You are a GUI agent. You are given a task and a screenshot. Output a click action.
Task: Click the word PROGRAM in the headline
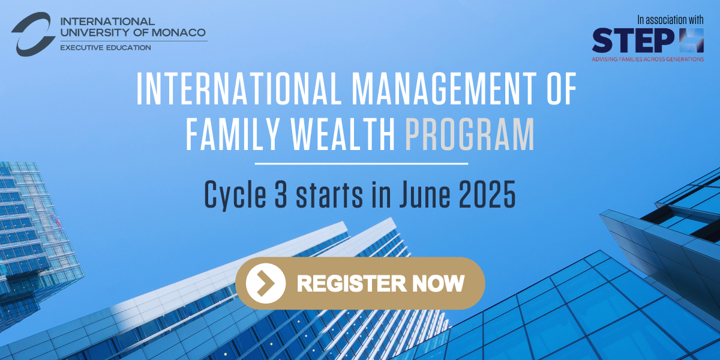pyautogui.click(x=470, y=134)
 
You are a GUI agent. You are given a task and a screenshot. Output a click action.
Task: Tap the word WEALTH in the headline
pyautogui.click(x=343, y=134)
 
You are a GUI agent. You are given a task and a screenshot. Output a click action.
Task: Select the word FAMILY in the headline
pyautogui.click(x=232, y=134)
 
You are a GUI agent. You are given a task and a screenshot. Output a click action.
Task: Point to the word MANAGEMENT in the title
pyautogui.click(x=444, y=88)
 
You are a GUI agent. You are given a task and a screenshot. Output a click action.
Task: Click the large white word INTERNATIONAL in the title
pyautogui.click(x=239, y=88)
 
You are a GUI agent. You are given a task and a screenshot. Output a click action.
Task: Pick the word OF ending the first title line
pyautogui.click(x=562, y=88)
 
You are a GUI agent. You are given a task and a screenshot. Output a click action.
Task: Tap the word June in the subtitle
pyautogui.click(x=425, y=194)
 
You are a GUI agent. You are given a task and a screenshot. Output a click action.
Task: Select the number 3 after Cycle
pyautogui.click(x=281, y=194)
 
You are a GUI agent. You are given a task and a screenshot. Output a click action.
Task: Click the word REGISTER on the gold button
pyautogui.click(x=352, y=283)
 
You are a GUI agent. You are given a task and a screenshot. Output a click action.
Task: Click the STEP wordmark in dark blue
pyautogui.click(x=633, y=41)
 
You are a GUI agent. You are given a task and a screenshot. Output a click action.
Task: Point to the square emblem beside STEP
pyautogui.click(x=691, y=41)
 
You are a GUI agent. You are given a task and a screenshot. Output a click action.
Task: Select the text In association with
pyautogui.click(x=671, y=20)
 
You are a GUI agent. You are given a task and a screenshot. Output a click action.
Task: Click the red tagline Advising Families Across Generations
pyautogui.click(x=648, y=59)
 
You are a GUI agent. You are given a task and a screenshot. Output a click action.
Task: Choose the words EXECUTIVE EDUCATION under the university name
pyautogui.click(x=106, y=47)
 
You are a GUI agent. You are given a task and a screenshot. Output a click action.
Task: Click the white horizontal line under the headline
pyautogui.click(x=361, y=164)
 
